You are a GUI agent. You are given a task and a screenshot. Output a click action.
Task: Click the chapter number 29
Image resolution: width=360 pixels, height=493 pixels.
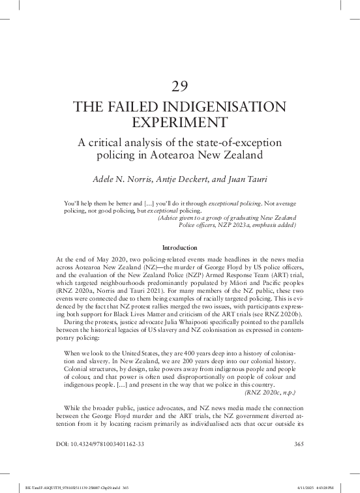click(179, 86)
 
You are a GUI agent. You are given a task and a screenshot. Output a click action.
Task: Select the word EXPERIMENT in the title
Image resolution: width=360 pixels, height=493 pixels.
click(179, 123)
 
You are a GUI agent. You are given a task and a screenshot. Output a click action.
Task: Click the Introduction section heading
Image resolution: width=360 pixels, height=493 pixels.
click(179, 248)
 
